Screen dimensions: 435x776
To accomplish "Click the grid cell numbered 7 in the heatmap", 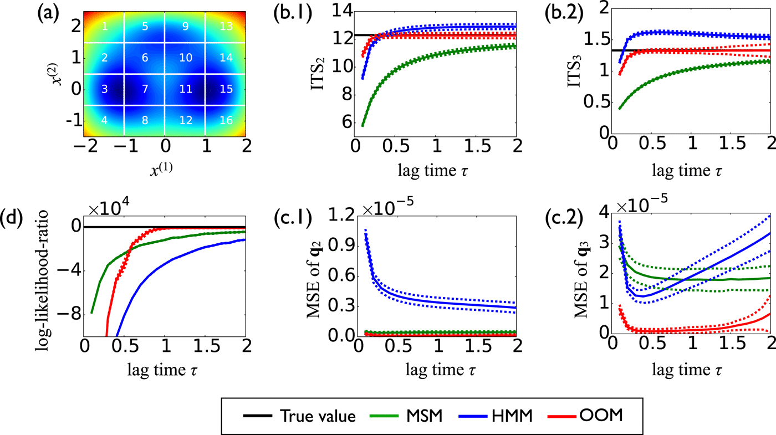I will coord(145,89).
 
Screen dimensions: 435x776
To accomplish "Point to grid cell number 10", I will coord(186,58).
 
